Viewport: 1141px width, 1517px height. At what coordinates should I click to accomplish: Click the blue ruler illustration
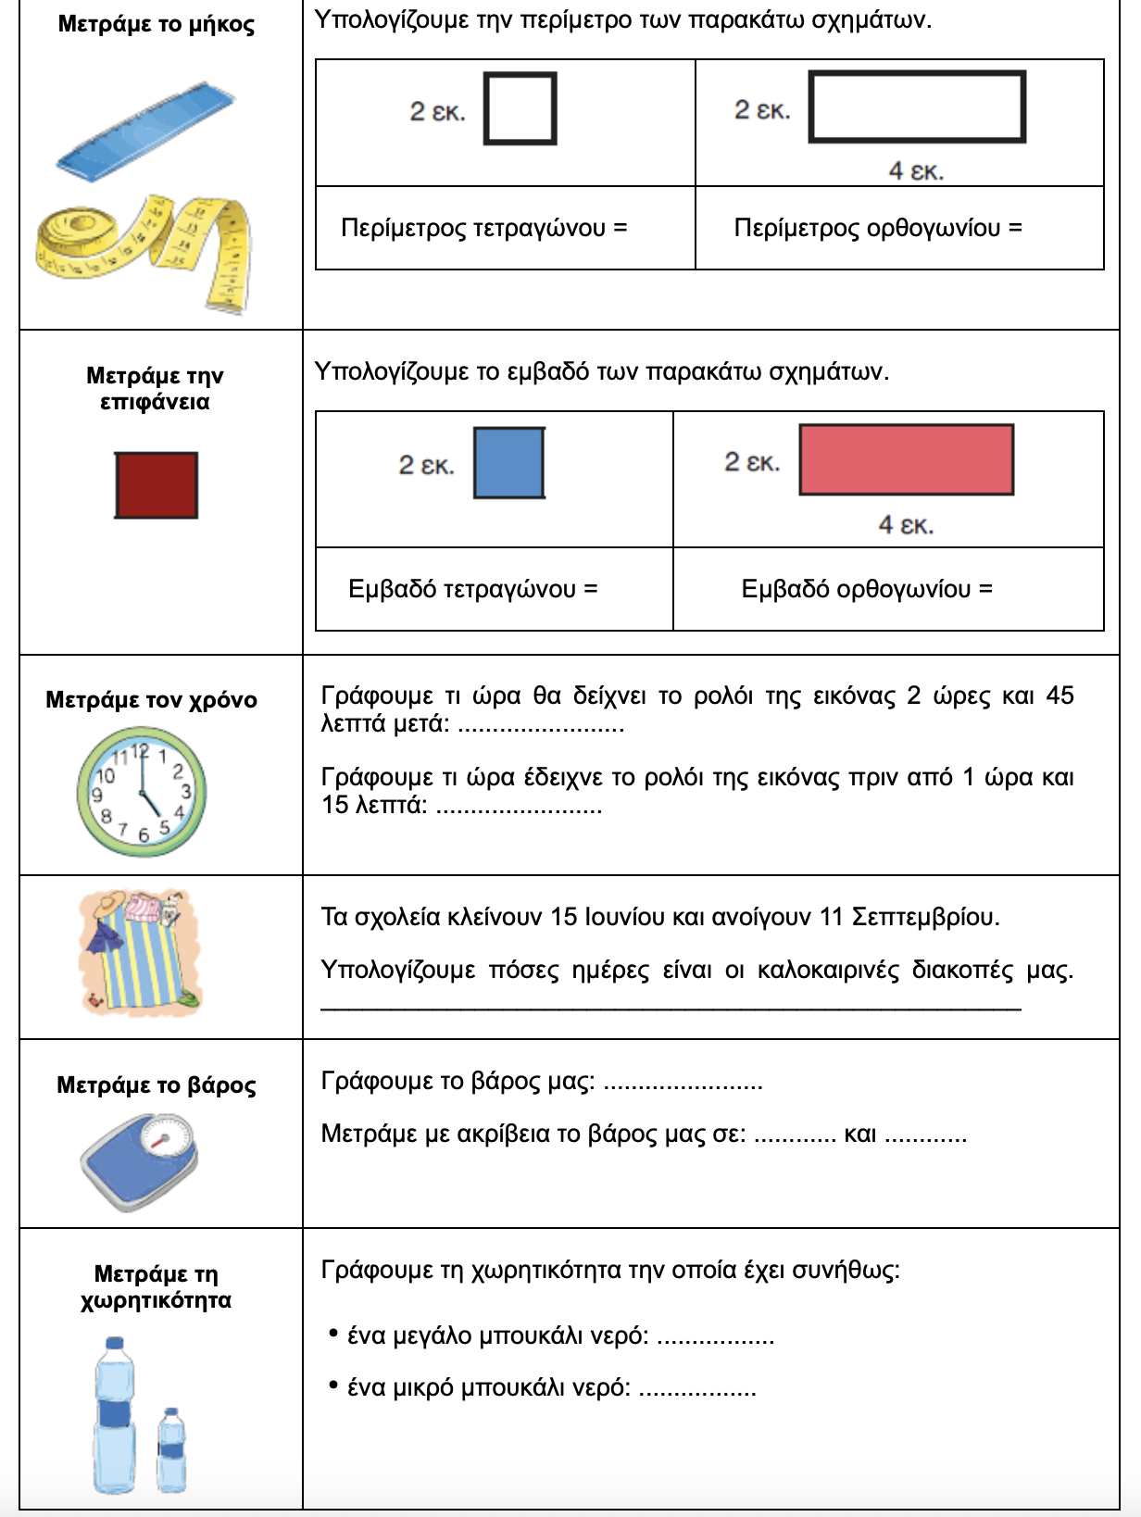(145, 131)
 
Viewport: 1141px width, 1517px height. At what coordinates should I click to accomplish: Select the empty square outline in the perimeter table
(520, 109)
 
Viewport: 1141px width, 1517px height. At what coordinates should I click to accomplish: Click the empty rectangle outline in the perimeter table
(917, 107)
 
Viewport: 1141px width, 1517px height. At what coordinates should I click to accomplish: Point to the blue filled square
(508, 462)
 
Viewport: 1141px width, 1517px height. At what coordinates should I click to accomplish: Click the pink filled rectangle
(906, 459)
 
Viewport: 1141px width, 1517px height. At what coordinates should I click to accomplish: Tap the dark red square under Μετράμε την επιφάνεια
(156, 484)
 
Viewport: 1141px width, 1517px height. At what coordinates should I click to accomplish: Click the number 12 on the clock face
(140, 750)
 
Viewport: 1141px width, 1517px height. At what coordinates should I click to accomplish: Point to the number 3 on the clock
(186, 791)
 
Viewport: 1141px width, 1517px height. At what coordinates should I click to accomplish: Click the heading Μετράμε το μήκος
(156, 24)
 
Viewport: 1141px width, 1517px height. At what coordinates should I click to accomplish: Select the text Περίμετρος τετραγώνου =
(483, 228)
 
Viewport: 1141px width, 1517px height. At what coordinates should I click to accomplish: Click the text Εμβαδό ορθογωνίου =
(866, 589)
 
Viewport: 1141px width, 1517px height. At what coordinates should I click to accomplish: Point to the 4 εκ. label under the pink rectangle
(906, 525)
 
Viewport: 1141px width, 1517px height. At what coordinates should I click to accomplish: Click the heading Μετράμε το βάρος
(156, 1084)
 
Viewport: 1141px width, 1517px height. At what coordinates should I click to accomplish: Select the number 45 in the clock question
(1059, 696)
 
